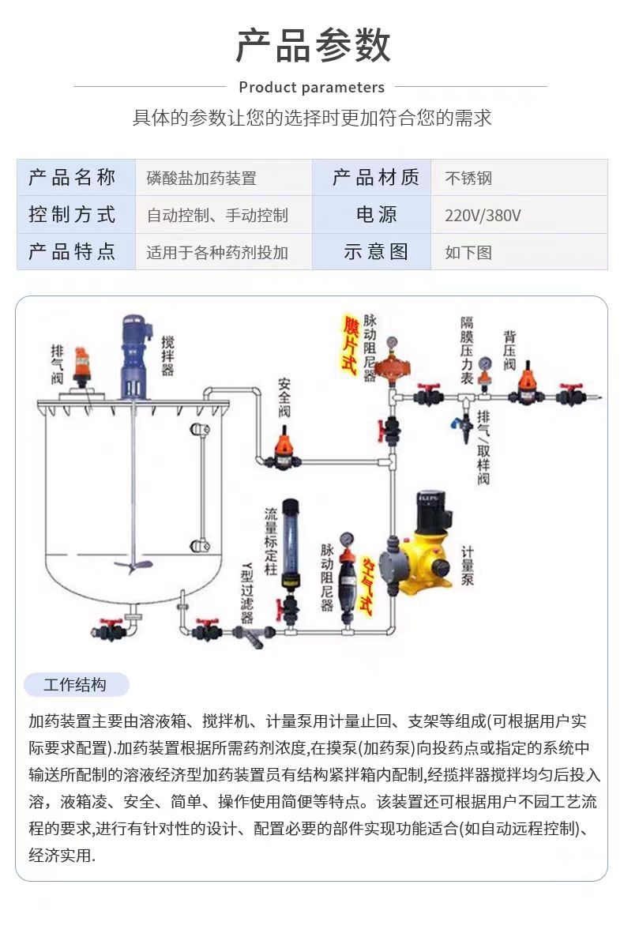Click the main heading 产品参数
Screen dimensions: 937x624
[313, 46]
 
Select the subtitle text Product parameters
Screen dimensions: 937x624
[311, 87]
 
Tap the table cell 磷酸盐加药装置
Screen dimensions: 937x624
[201, 179]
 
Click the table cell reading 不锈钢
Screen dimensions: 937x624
[468, 179]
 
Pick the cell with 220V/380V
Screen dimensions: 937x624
[483, 216]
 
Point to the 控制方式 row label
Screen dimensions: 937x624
[73, 215]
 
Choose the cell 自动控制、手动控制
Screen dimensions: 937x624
[217, 216]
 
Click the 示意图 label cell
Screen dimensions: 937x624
[376, 252]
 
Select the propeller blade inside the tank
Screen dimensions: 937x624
[131, 566]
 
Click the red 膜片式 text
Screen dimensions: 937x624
[349, 345]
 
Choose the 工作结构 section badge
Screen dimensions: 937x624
[75, 685]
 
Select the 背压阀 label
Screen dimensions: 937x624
[509, 350]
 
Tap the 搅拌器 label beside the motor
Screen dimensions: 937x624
[167, 356]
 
